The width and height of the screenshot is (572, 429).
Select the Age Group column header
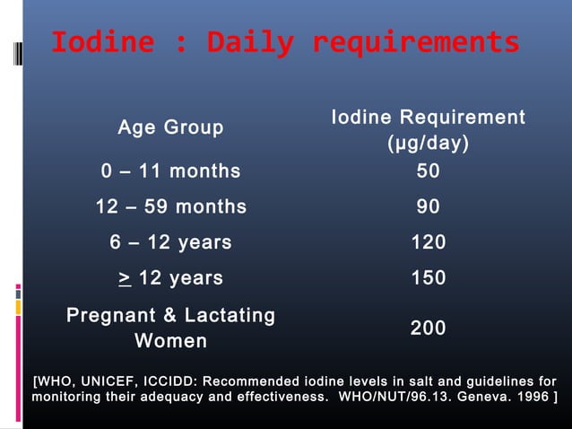170,128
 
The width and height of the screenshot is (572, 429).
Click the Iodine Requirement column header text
428,118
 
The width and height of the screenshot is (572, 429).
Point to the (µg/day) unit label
428,144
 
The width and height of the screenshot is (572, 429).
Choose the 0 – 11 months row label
170,171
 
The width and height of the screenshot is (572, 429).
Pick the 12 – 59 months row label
170,206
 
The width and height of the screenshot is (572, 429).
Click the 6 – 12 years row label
170,242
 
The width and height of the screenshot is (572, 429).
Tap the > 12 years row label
170,278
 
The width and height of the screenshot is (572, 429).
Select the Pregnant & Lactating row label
170,315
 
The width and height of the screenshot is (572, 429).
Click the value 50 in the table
428,171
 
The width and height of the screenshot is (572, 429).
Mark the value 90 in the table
428,206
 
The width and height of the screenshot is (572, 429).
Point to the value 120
428,242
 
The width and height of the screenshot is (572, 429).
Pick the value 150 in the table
428,278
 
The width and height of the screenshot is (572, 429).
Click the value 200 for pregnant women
428,328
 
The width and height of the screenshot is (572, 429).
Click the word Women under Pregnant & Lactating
170,341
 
